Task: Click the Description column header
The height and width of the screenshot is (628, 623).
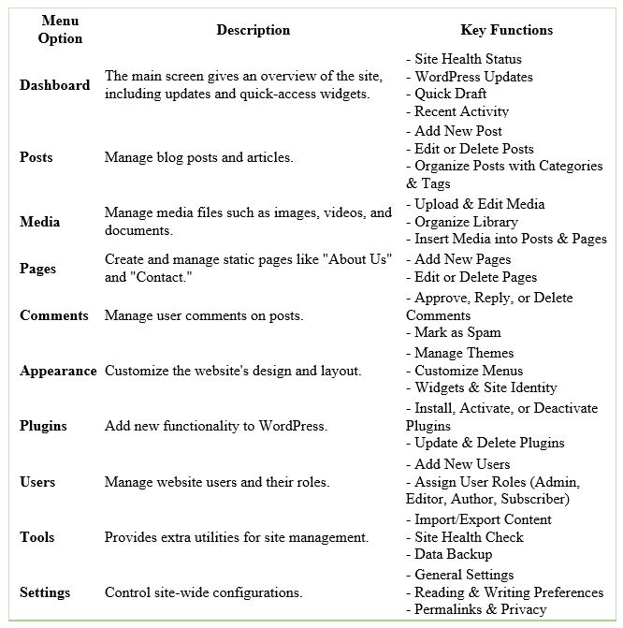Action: pos(253,30)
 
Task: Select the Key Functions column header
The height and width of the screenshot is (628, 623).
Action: pos(506,30)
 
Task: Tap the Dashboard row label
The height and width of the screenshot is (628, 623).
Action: pos(55,85)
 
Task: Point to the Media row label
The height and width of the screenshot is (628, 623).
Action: pos(39,222)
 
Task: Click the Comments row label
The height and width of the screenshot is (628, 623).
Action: pos(54,315)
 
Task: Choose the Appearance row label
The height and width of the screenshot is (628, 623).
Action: pos(58,371)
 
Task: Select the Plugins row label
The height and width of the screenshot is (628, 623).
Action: pos(43,426)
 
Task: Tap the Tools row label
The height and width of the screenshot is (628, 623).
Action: pos(37,537)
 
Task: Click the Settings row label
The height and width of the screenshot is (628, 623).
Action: pos(45,592)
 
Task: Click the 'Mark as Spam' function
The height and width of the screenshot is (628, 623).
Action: pos(457,332)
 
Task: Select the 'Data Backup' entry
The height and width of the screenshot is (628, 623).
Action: pos(454,554)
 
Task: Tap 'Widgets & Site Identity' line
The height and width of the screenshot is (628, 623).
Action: pos(485,387)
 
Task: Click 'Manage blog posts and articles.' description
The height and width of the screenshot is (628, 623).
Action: pos(198,157)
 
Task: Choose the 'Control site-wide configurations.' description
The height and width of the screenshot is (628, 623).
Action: pos(203,592)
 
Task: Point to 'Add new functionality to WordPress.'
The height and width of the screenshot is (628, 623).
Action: pos(215,426)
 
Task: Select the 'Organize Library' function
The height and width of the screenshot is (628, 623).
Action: pos(466,222)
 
